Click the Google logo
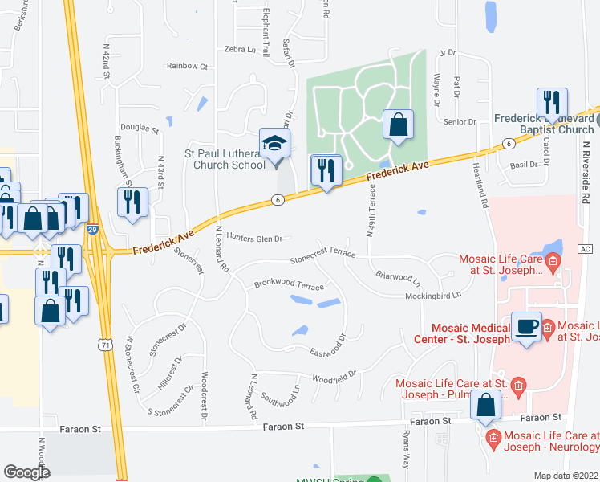point(27,472)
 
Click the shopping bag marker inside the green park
point(398,126)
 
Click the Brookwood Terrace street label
point(289,285)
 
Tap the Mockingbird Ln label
point(434,296)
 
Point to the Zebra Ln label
point(245,49)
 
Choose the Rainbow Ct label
point(187,66)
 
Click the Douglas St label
point(136,127)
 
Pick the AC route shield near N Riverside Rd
point(584,250)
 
